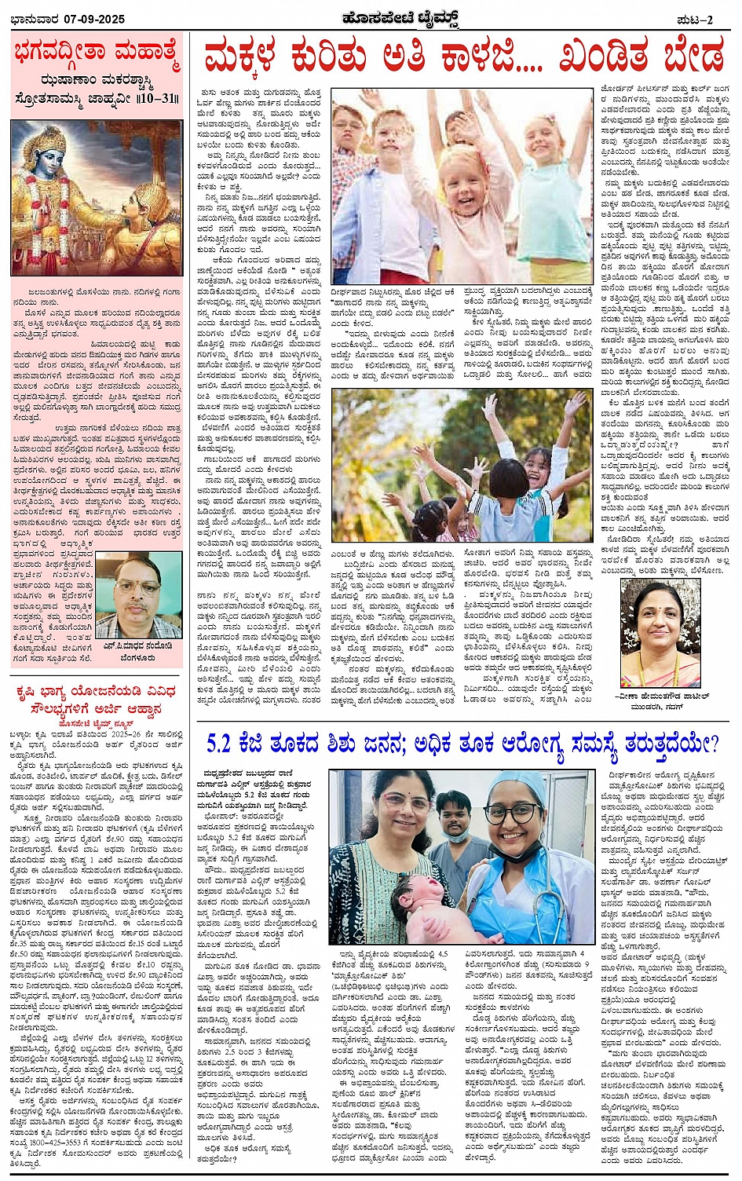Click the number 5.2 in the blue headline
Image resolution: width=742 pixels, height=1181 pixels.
pos(223,743)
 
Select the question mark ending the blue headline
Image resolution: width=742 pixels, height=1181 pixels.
pos(711,742)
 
